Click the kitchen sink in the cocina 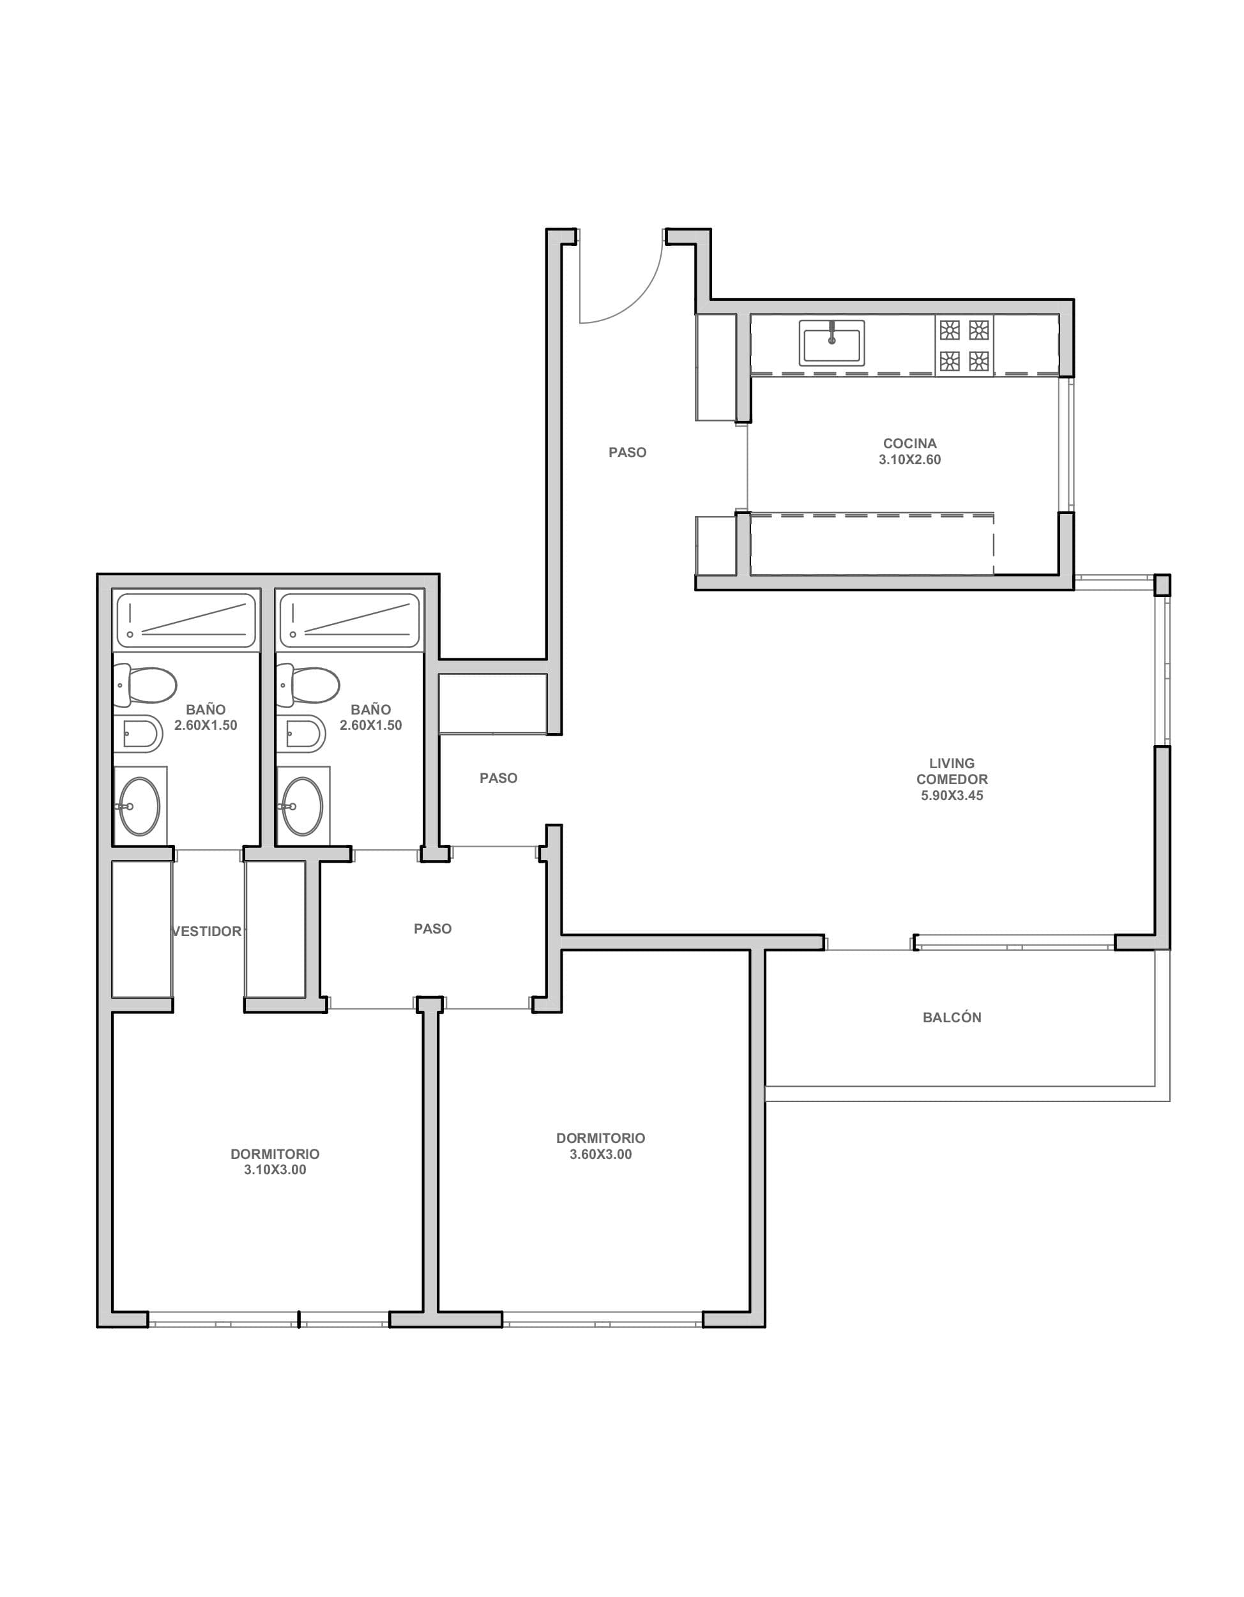point(831,343)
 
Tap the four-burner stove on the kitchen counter point(964,346)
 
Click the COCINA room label point(910,443)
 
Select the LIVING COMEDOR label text point(952,771)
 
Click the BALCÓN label point(952,1017)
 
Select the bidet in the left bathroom point(140,732)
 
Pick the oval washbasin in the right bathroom point(302,806)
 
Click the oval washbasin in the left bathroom point(139,806)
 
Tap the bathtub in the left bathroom point(186,621)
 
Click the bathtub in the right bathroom point(349,621)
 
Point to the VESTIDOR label point(207,932)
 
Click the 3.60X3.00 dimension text point(600,1154)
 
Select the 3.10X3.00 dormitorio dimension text point(275,1170)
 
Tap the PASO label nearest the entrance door point(628,453)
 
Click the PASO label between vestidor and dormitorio point(432,928)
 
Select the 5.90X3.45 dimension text point(952,796)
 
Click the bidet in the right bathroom point(303,732)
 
